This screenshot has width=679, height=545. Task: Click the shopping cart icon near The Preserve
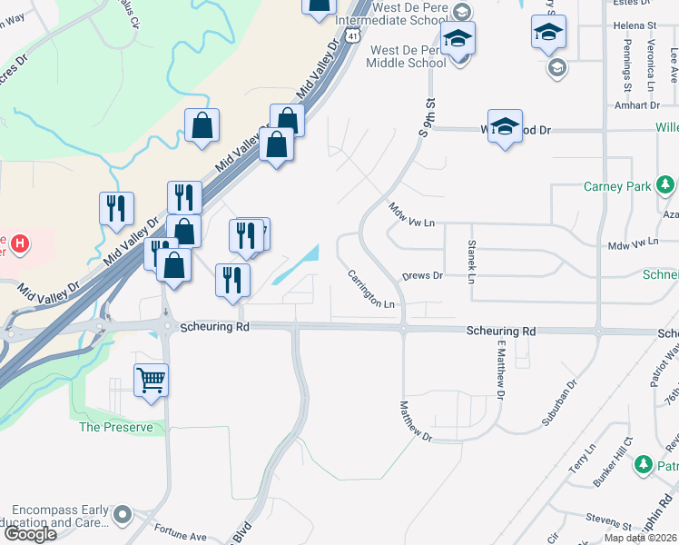tap(151, 380)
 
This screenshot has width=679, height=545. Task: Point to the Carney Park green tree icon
tap(665, 187)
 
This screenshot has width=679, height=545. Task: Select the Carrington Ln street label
tap(372, 290)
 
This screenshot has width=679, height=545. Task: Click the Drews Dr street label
tap(422, 275)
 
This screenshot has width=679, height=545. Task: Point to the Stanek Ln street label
tap(471, 262)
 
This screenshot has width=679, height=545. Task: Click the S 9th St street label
tap(424, 118)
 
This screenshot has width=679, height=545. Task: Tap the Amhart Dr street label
tap(635, 105)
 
